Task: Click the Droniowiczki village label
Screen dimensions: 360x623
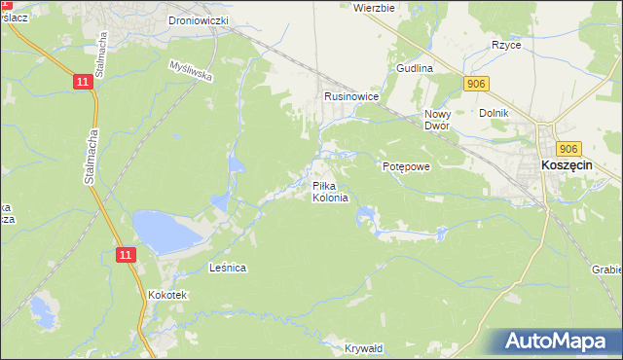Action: click(x=198, y=19)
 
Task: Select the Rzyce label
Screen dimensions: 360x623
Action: click(x=506, y=45)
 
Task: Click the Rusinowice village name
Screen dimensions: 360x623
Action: click(x=350, y=97)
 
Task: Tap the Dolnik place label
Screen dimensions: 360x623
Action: click(x=495, y=113)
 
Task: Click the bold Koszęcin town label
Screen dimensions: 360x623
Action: click(x=568, y=166)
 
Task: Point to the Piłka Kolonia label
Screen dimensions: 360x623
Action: click(x=329, y=192)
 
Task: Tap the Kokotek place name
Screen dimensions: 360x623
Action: click(x=166, y=294)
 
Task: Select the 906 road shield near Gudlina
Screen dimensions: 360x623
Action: click(x=475, y=85)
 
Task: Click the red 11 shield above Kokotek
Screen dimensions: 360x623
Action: click(x=125, y=254)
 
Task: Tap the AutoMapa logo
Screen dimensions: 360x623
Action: click(x=558, y=342)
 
